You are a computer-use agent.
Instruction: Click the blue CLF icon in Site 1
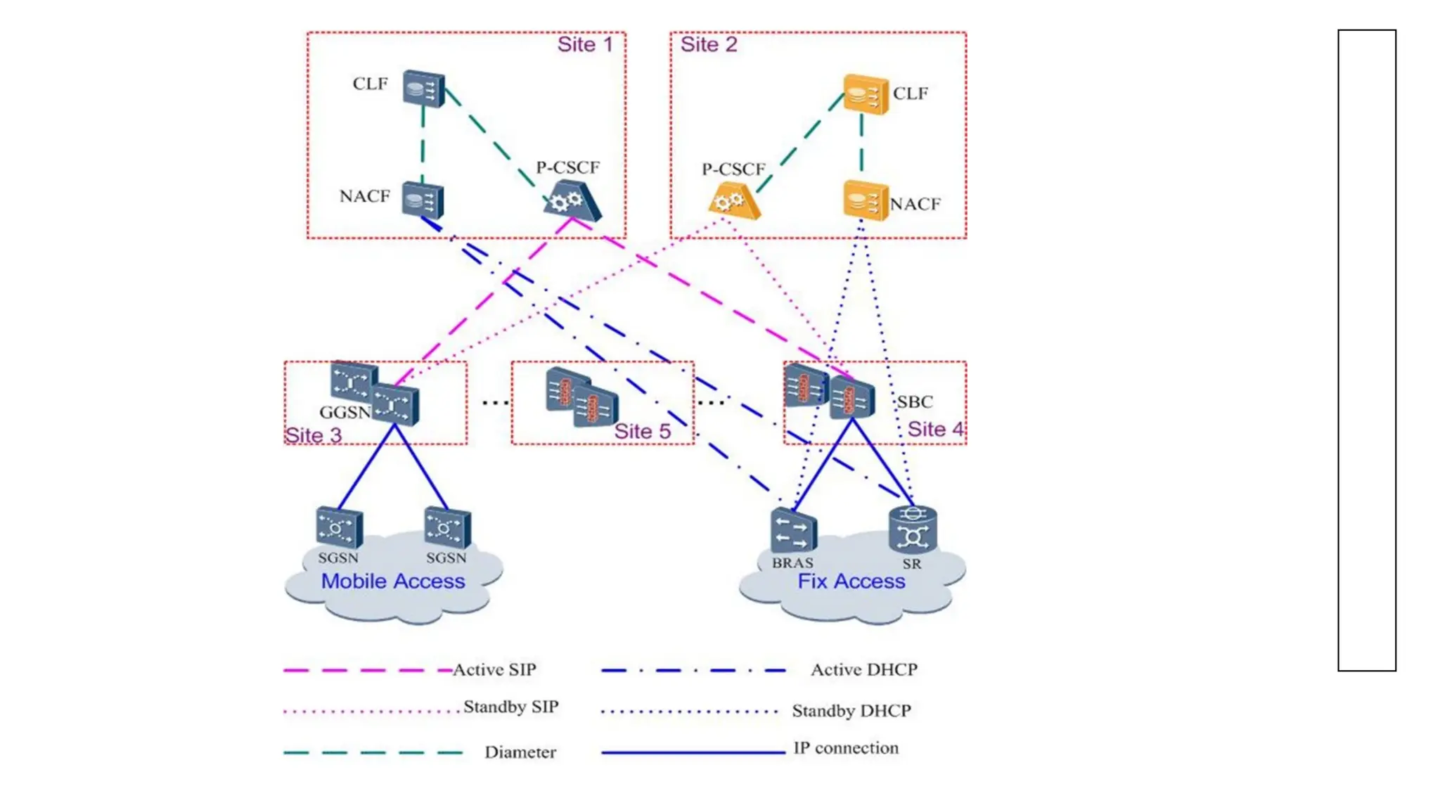[x=424, y=89]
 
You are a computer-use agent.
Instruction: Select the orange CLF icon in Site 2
[x=866, y=94]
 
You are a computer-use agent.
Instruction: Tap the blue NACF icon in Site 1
[x=423, y=200]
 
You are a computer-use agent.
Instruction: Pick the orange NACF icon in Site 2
[x=865, y=200]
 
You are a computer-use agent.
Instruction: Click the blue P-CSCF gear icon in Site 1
[x=572, y=201]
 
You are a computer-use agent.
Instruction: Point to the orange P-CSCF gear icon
[x=733, y=202]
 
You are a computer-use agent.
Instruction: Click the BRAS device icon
[x=793, y=531]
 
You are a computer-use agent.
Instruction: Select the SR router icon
[x=912, y=529]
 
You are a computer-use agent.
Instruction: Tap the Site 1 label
[x=584, y=45]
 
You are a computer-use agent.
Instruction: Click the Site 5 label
[x=642, y=431]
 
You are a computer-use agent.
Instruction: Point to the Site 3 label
[x=313, y=435]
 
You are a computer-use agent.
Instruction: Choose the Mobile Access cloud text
[x=393, y=581]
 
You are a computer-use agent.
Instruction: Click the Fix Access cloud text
[x=851, y=581]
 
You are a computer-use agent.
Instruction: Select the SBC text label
[x=915, y=402]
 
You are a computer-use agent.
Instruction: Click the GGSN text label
[x=345, y=413]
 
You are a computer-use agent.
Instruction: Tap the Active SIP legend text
[x=494, y=669]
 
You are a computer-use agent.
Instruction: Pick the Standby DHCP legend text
[x=851, y=711]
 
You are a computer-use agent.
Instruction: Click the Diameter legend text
[x=520, y=752]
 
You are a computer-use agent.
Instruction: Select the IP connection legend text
[x=845, y=748]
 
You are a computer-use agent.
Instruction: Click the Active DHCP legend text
[x=863, y=669]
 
